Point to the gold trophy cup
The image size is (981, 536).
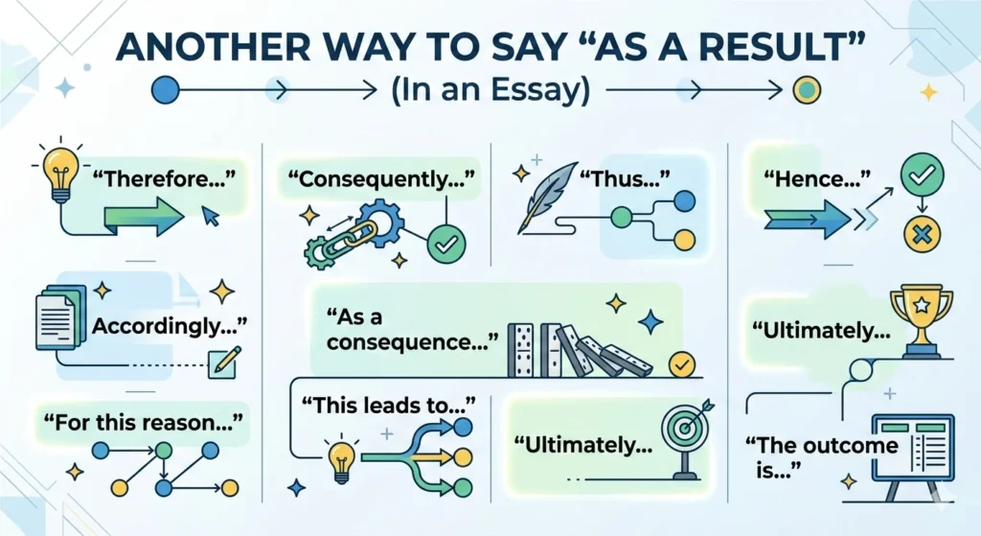point(921,313)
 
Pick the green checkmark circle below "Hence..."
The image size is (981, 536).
point(922,174)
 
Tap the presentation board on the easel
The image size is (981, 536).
point(909,446)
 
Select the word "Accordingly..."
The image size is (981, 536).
point(169,326)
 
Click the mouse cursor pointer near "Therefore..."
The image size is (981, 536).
point(209,218)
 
